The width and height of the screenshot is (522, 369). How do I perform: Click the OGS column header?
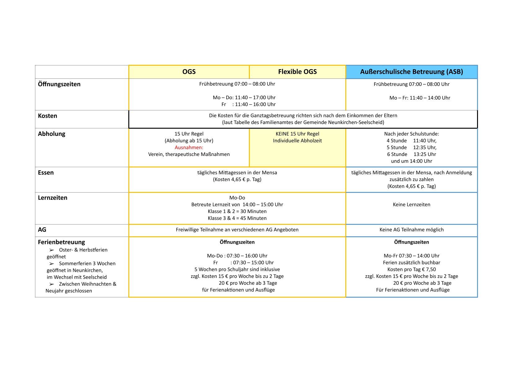coord(189,72)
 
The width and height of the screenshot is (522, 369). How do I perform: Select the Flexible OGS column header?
coord(297,72)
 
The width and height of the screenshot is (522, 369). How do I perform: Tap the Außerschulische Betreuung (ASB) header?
coord(411,72)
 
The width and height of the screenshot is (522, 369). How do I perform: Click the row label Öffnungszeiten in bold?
coord(59,84)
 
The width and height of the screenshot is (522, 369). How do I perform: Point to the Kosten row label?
coord(47,116)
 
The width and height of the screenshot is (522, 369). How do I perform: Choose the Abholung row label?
coord(51,134)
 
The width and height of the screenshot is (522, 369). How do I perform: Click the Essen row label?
coord(46,173)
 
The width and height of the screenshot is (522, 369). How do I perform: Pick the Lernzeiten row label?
coord(52,198)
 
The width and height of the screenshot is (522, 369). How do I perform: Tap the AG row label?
coord(42,230)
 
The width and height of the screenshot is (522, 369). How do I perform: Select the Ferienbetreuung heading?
coord(61,242)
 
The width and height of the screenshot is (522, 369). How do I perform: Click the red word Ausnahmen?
coord(189,148)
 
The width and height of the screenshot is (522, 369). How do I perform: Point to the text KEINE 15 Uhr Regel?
coord(297,134)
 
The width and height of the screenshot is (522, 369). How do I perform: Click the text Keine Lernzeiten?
coord(411,205)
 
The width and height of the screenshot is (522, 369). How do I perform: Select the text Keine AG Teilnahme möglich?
coord(411,230)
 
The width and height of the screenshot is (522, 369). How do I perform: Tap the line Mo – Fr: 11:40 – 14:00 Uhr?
coord(419,98)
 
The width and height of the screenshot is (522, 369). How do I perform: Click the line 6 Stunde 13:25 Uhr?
coord(411,154)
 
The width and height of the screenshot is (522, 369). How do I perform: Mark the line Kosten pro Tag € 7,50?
coord(411,269)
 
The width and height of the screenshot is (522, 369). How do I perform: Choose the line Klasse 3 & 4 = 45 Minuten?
coord(237,218)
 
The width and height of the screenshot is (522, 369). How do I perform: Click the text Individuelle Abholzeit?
coord(297,141)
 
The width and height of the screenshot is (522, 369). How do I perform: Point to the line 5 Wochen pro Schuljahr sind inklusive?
coord(237,269)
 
